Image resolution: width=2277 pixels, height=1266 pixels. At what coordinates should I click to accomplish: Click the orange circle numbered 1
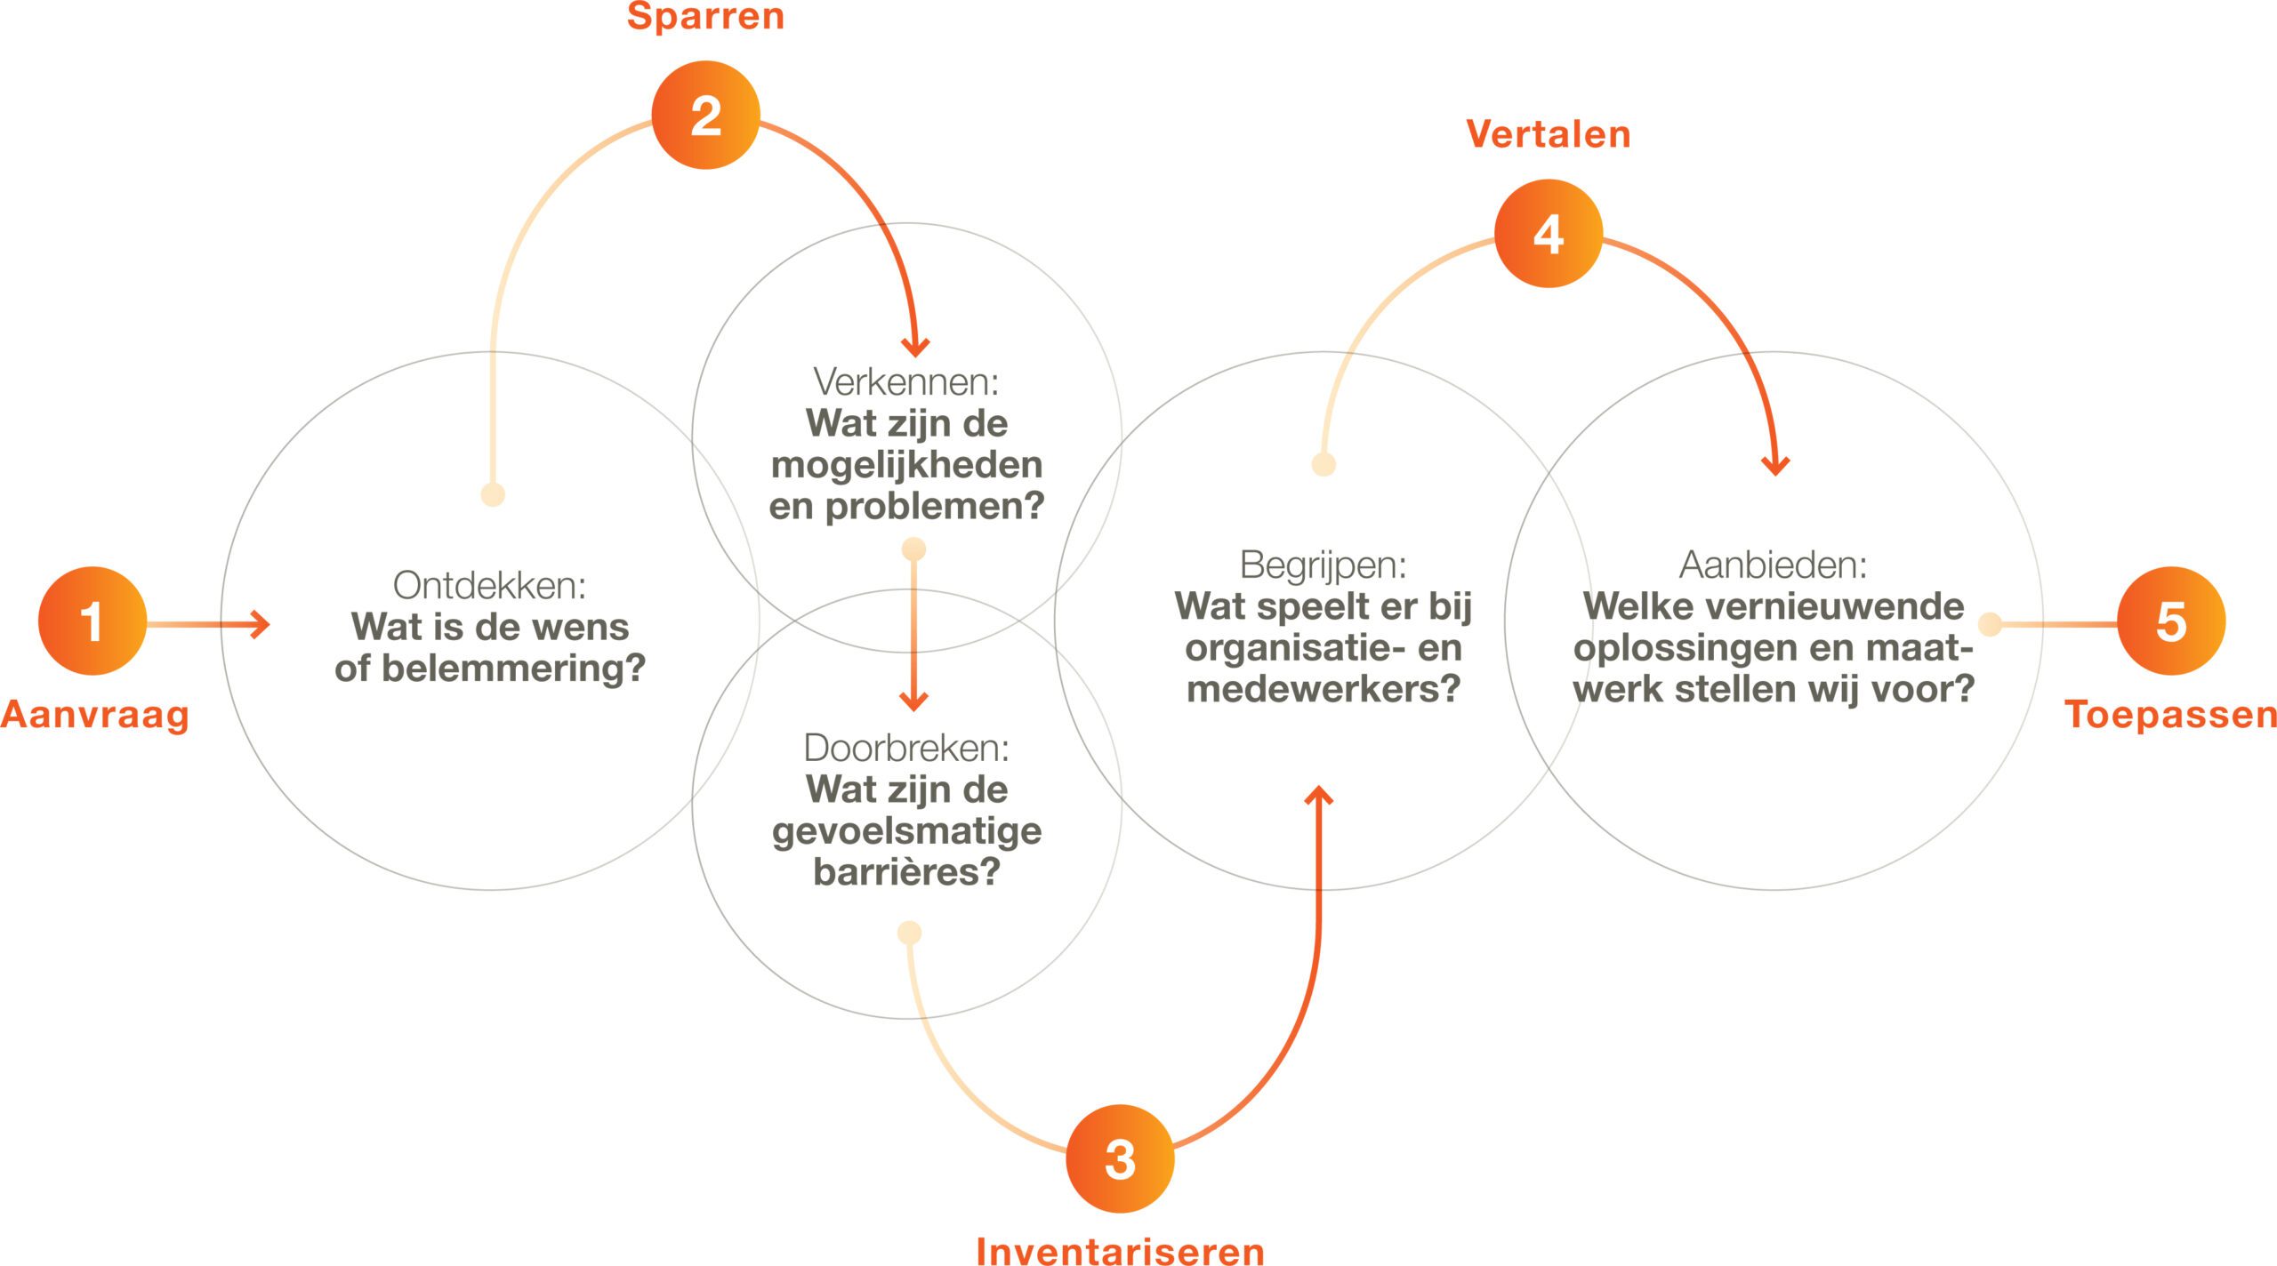tap(93, 621)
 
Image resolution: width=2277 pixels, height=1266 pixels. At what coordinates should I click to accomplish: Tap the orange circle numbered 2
tap(705, 115)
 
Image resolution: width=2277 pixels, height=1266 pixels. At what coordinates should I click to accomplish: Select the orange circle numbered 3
tap(1120, 1158)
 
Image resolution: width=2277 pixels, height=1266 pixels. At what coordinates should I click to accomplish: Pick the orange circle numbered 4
tap(1548, 234)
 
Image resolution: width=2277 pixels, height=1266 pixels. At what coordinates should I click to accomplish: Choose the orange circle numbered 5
tap(2170, 621)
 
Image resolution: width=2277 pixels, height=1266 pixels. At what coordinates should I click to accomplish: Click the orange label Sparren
tap(705, 17)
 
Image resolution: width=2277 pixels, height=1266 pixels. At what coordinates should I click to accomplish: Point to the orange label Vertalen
tap(1548, 134)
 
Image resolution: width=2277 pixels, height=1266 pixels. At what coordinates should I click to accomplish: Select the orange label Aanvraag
tap(95, 715)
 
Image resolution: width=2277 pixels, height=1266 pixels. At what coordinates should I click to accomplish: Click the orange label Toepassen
tap(2170, 715)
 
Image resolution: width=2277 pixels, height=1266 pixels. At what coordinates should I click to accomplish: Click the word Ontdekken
tap(488, 586)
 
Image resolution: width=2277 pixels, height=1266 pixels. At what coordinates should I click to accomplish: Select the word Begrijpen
tap(1322, 565)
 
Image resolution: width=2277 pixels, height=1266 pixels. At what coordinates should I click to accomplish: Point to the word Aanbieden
tap(1772, 565)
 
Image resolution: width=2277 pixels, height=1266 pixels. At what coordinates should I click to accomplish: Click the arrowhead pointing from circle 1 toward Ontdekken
tap(260, 624)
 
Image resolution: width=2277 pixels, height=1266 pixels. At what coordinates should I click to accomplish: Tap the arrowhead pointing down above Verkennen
tap(915, 347)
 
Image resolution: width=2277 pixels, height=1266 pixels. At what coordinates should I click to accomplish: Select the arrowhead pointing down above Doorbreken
tap(913, 701)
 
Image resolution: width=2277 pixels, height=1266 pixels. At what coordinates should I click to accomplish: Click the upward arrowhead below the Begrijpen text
tap(1318, 796)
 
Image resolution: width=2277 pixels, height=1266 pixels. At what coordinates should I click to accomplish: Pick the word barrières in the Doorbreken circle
tap(906, 872)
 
